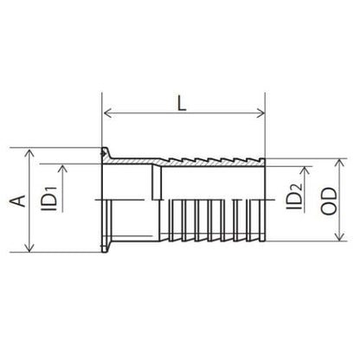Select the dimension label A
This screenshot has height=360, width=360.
click(x=18, y=201)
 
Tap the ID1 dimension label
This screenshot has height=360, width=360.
click(x=49, y=199)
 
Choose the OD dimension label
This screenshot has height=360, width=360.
click(x=329, y=201)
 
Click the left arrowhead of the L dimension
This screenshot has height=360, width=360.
click(x=107, y=113)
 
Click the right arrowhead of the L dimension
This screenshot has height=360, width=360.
click(x=260, y=113)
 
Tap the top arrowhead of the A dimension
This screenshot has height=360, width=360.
click(x=29, y=153)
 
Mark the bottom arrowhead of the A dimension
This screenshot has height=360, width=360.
click(x=29, y=248)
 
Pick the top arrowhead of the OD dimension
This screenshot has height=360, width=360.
click(x=340, y=163)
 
